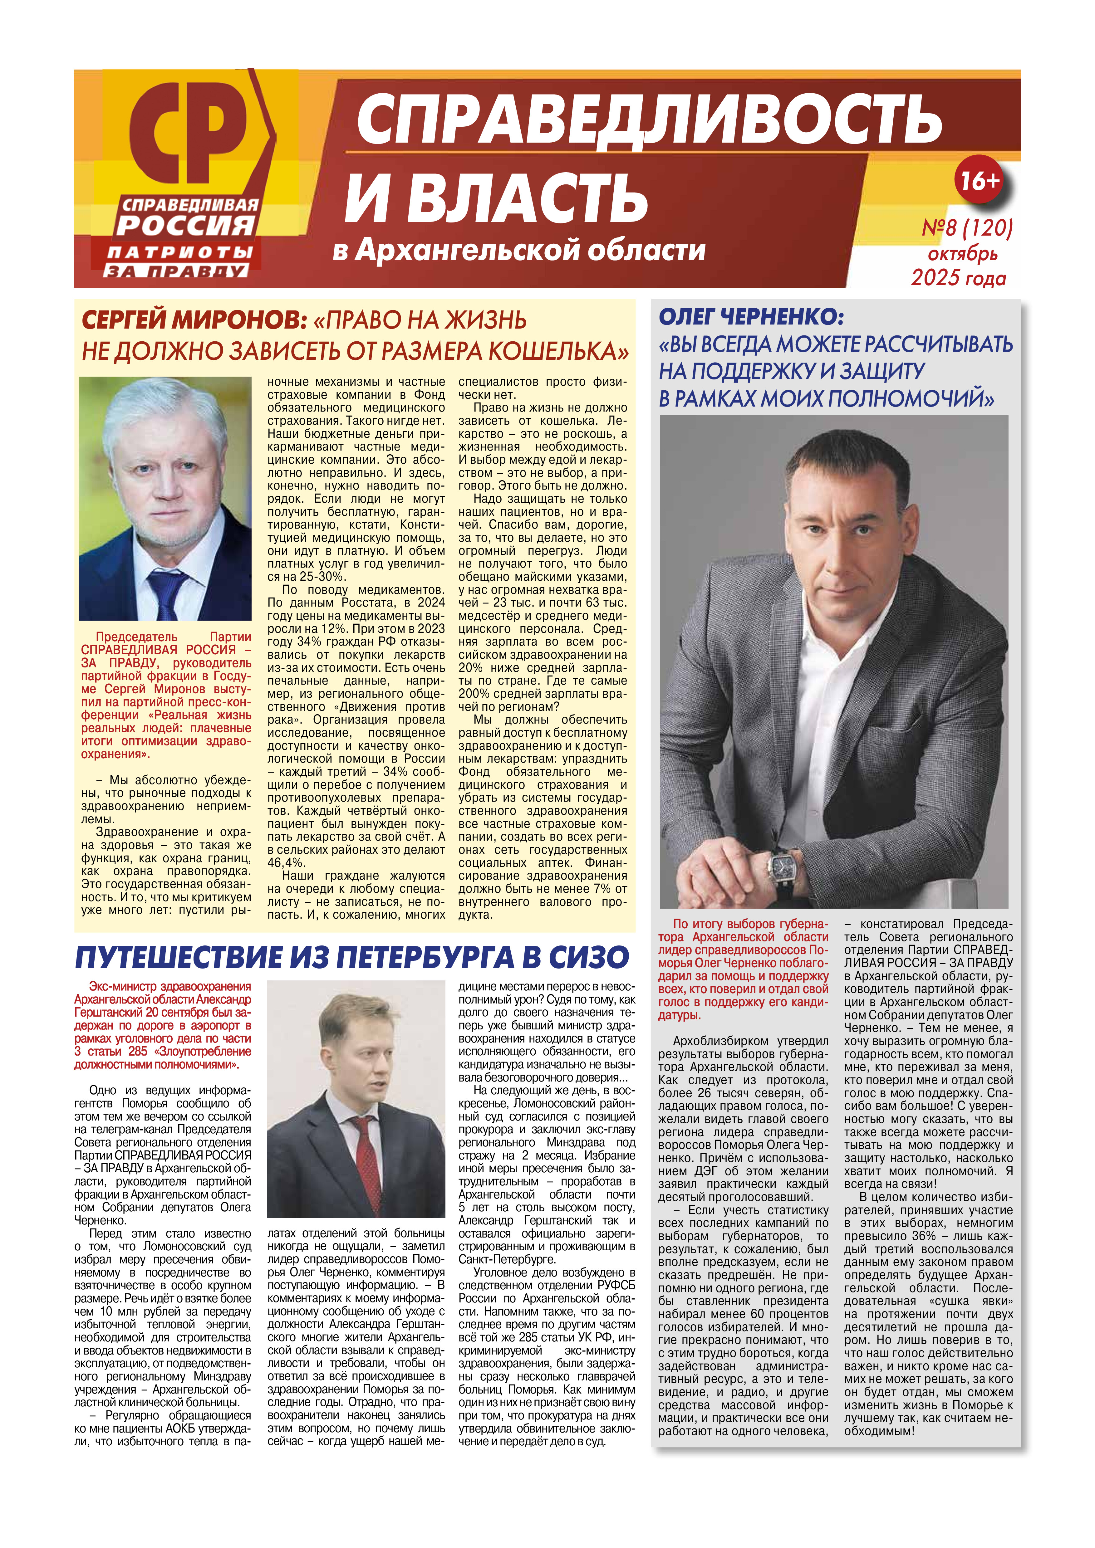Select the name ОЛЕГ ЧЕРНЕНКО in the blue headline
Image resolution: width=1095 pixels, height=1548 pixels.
[750, 316]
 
